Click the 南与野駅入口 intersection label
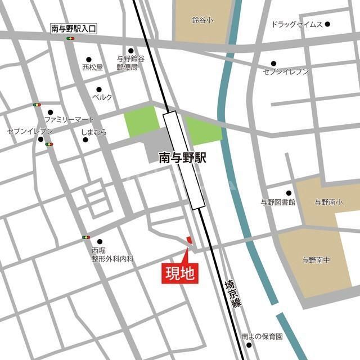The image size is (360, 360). (73, 28)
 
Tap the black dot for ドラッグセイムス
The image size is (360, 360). (327, 24)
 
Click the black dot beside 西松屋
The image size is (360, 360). (88, 59)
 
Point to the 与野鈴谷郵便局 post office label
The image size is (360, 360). (130, 62)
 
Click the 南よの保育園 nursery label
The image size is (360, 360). (262, 336)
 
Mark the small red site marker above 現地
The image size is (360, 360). (189, 240)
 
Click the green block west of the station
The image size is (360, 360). (142, 121)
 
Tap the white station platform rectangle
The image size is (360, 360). (183, 160)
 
